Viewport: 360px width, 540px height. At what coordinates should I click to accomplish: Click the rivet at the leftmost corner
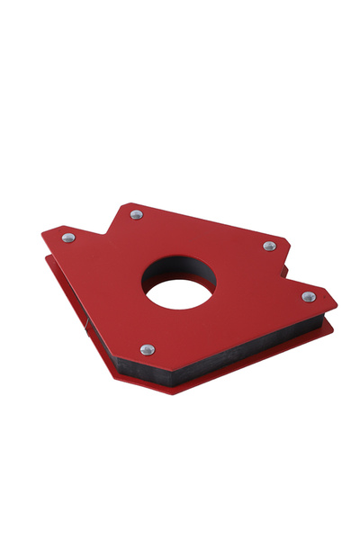click(x=68, y=238)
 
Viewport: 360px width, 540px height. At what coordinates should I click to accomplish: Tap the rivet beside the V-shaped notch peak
click(x=136, y=214)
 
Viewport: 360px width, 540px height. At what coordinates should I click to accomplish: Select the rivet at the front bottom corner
click(x=148, y=349)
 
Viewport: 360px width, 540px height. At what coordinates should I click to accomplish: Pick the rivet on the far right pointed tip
click(x=309, y=296)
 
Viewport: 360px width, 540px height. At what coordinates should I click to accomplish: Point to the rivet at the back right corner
click(x=269, y=246)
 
